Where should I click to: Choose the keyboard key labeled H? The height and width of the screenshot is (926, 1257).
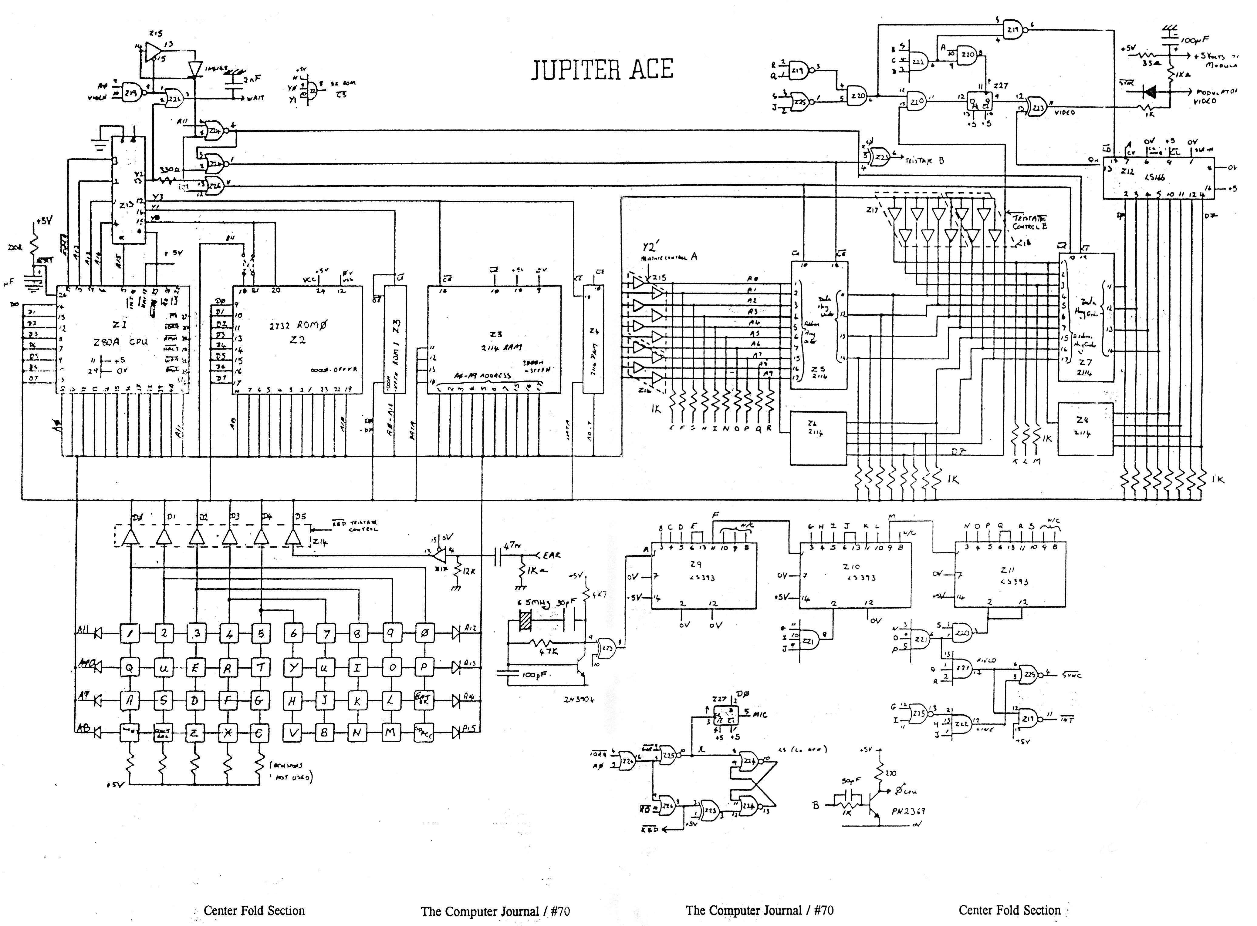click(293, 700)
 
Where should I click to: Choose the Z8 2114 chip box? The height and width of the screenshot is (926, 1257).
click(1085, 428)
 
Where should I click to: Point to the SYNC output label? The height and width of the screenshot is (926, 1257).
click(1071, 676)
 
